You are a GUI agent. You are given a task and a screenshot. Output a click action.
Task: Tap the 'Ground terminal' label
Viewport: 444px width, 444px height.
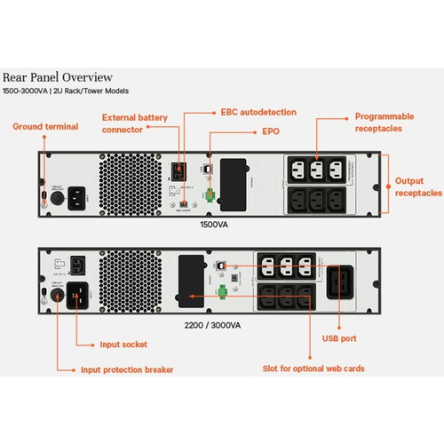click(45, 127)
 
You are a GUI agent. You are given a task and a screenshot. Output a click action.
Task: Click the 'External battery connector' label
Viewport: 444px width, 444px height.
click(134, 124)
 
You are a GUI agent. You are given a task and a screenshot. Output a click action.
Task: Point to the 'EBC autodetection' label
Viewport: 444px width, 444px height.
click(258, 113)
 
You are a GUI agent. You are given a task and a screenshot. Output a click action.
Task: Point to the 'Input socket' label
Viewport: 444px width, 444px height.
click(123, 343)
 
